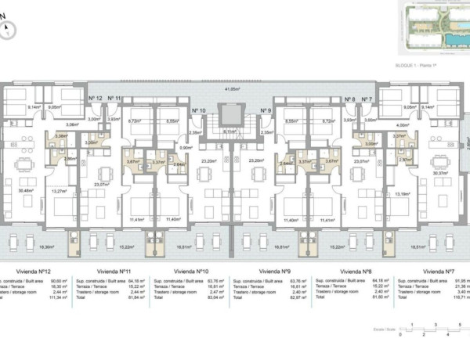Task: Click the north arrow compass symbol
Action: (8, 31)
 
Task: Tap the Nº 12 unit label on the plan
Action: (96, 99)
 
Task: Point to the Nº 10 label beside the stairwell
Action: (198, 111)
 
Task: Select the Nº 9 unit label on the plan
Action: (265, 111)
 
